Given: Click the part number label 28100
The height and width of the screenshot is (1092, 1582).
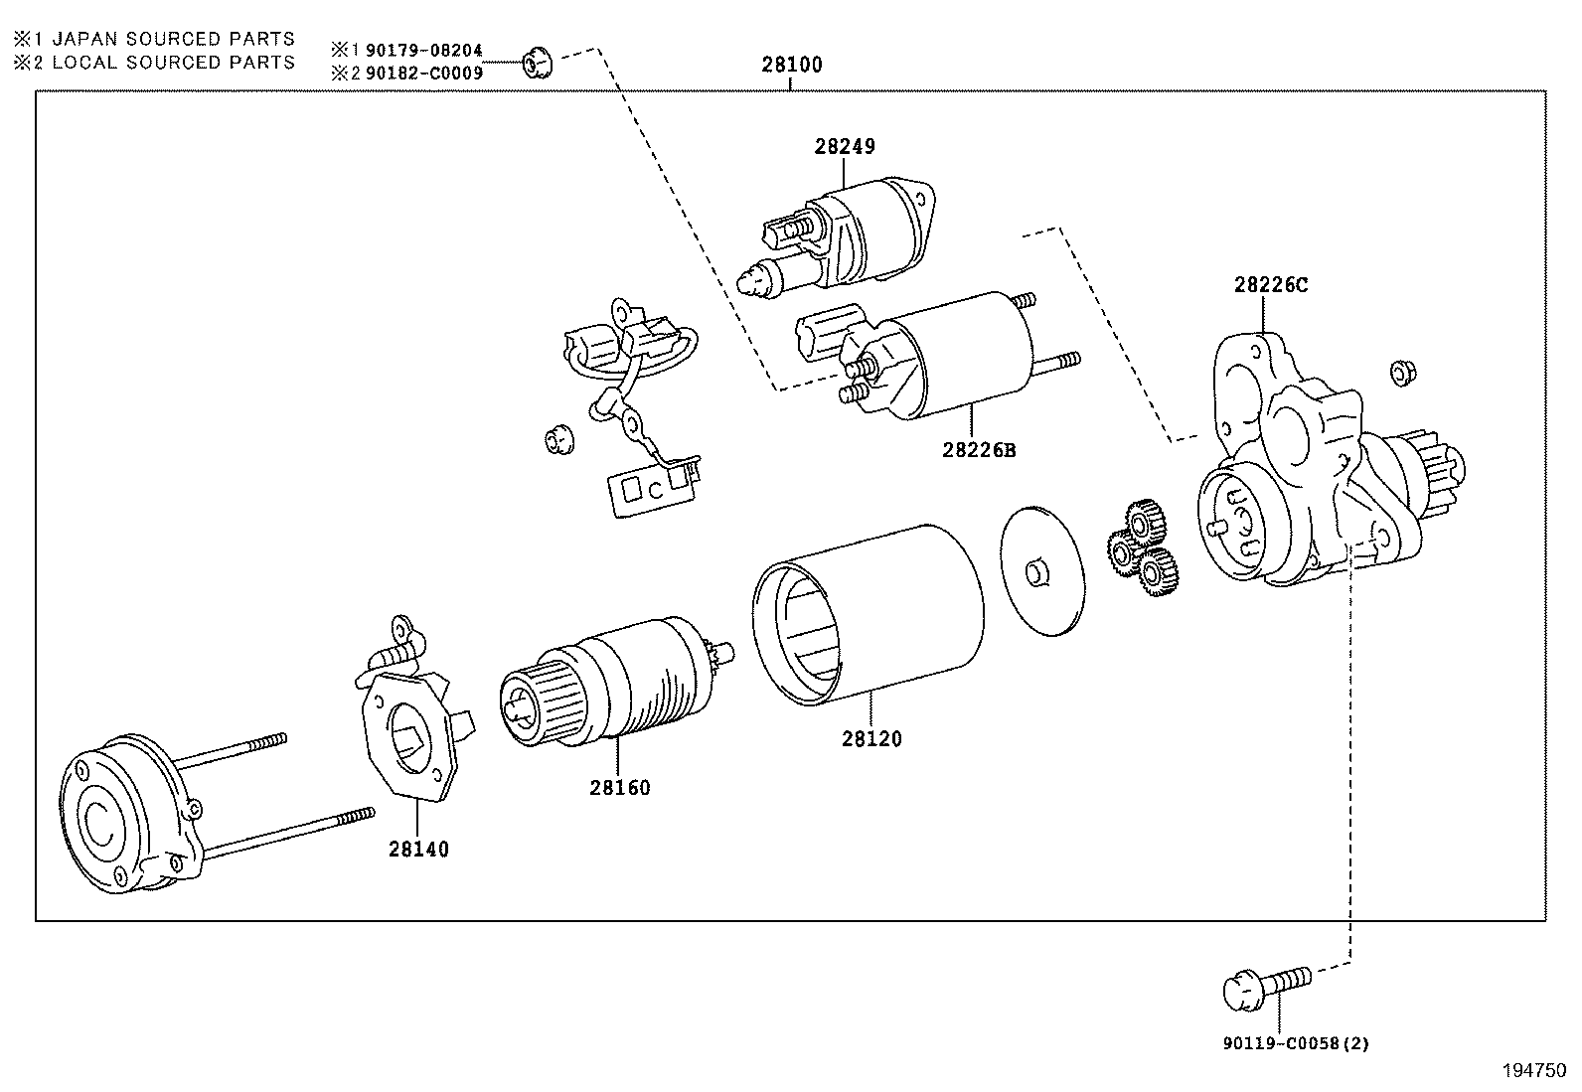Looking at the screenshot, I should pyautogui.click(x=792, y=66).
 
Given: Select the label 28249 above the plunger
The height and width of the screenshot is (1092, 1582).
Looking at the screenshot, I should pyautogui.click(x=845, y=147).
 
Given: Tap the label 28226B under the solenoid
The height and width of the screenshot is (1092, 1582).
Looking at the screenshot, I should pyautogui.click(x=979, y=449).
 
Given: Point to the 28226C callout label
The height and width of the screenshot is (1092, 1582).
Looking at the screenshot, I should pyautogui.click(x=1271, y=285).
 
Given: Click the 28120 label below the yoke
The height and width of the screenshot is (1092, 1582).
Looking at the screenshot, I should pyautogui.click(x=871, y=739).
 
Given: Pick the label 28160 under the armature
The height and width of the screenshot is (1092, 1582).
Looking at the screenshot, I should pyautogui.click(x=619, y=788).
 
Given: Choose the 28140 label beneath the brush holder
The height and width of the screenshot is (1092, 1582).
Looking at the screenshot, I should pyautogui.click(x=418, y=850).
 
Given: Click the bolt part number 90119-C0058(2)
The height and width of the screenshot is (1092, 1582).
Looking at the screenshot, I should pyautogui.click(x=1296, y=1043).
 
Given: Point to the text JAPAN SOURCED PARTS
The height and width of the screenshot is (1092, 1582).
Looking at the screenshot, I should pyautogui.click(x=173, y=39).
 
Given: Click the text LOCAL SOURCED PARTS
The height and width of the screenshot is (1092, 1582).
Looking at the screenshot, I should pyautogui.click(x=173, y=62).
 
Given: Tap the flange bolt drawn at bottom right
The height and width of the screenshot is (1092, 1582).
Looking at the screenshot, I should pyautogui.click(x=1263, y=985).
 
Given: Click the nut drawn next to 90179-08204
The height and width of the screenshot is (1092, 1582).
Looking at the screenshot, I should pyautogui.click(x=537, y=63).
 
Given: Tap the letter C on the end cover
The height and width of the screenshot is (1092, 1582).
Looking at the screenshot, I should pyautogui.click(x=100, y=819).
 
